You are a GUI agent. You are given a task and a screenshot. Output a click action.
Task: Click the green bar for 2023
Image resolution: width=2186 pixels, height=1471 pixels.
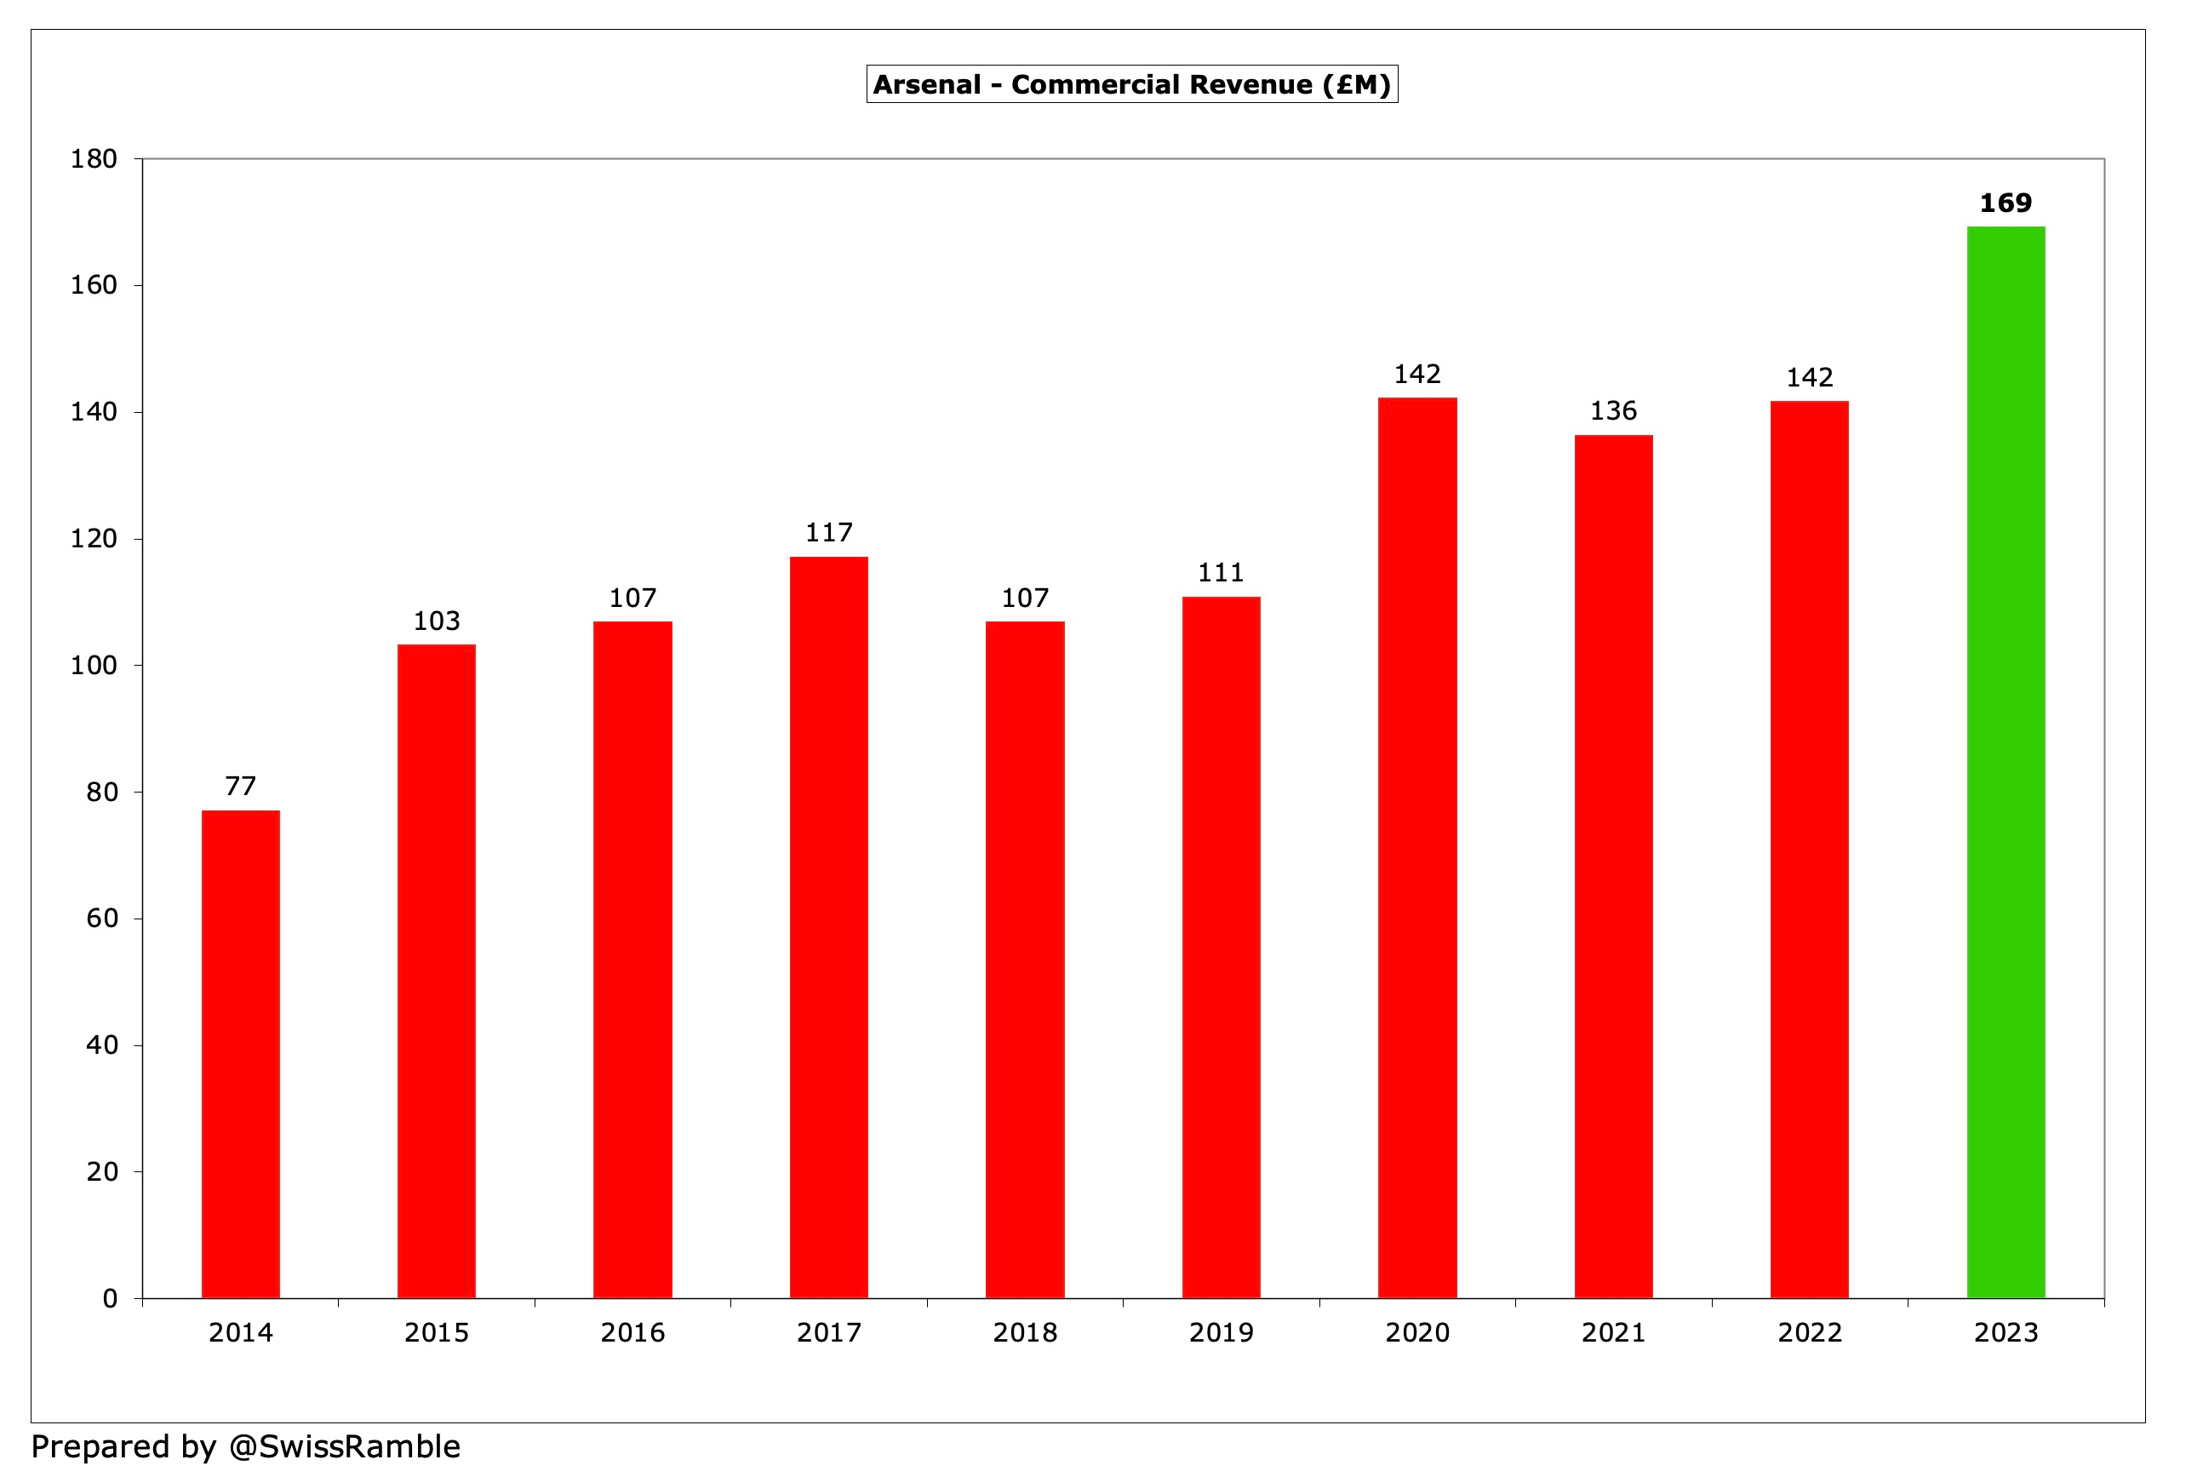[2005, 762]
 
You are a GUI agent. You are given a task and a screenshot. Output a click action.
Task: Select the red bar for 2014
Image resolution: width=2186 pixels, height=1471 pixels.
[240, 1054]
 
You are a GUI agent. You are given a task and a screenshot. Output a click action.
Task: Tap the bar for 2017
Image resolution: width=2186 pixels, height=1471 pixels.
[828, 927]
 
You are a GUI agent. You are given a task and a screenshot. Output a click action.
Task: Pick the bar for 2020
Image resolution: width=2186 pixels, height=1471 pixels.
[1416, 847]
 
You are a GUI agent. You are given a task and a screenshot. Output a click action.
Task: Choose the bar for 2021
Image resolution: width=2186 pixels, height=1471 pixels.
[1613, 866]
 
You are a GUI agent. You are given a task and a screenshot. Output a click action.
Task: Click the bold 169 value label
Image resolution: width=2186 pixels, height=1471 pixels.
[2005, 203]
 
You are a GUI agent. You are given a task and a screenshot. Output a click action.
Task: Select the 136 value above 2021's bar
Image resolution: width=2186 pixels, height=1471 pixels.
[1613, 410]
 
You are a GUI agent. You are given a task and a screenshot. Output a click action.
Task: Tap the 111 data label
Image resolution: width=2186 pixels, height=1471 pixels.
[1221, 572]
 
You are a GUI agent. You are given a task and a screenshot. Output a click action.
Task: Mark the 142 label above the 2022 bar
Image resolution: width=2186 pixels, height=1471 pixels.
[1809, 377]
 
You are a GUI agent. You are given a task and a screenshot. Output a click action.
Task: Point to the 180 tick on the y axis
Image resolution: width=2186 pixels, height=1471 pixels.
[94, 158]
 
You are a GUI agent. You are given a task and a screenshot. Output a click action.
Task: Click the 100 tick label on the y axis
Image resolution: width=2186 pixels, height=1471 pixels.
[94, 665]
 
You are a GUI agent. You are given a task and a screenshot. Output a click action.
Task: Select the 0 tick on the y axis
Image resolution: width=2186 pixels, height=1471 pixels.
[110, 1298]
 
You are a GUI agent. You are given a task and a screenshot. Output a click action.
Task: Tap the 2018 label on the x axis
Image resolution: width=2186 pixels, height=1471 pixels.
[1025, 1332]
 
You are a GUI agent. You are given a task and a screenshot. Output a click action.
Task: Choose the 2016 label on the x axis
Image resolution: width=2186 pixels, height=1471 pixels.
[632, 1332]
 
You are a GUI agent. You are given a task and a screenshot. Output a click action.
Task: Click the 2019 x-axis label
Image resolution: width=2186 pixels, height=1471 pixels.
[1221, 1332]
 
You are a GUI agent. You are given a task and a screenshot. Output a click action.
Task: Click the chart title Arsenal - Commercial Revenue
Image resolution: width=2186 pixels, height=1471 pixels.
[1131, 84]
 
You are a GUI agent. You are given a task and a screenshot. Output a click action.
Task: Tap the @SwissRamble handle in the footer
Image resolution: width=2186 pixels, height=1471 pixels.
[344, 1445]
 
